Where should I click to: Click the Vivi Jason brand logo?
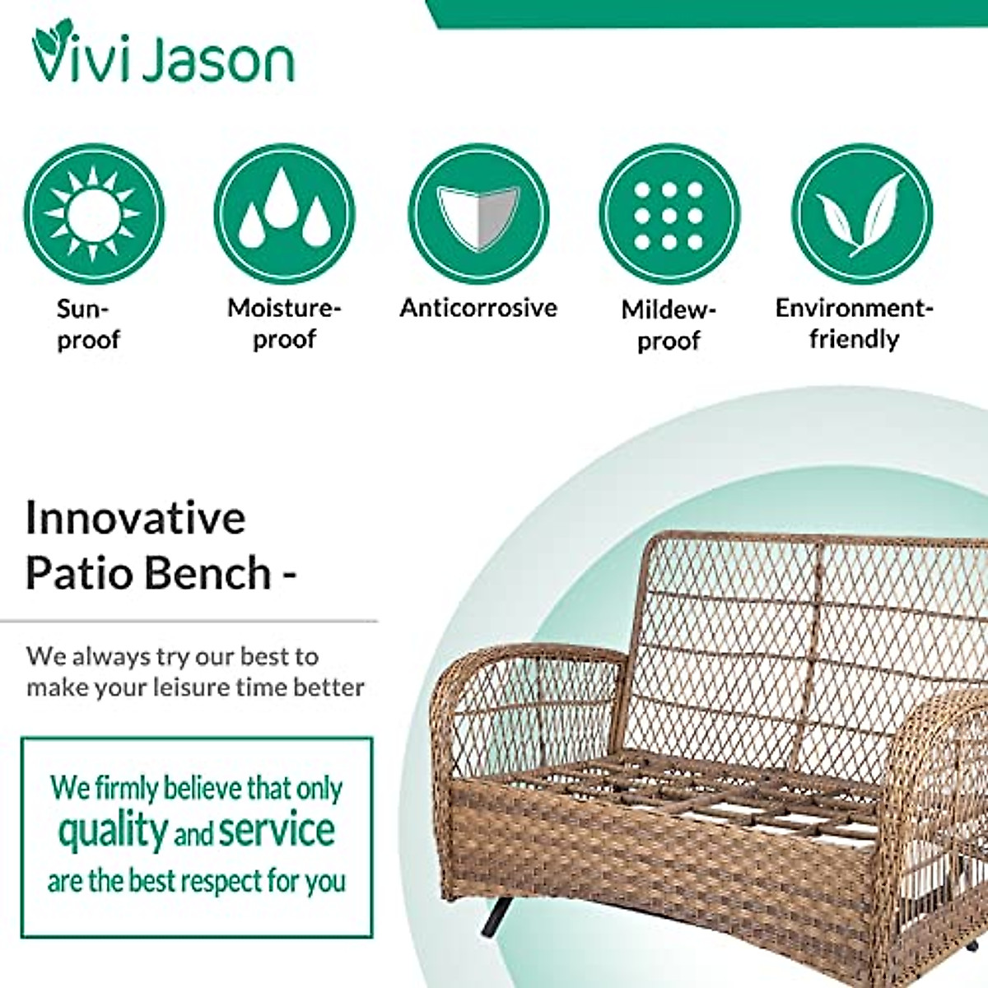pos(163,51)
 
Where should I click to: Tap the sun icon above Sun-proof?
pos(95,213)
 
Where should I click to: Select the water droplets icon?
pos(285,213)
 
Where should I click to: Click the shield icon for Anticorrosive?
pos(478,213)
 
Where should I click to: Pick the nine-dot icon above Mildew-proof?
pos(669,213)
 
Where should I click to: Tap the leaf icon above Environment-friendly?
pos(862,213)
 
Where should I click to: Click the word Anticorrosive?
pos(478,308)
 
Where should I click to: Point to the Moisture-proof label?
pos(285,324)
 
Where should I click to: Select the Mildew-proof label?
pos(669,325)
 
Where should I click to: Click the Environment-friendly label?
pos(854,324)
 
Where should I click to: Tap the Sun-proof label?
pos(88,324)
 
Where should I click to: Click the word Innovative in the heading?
pos(136,519)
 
